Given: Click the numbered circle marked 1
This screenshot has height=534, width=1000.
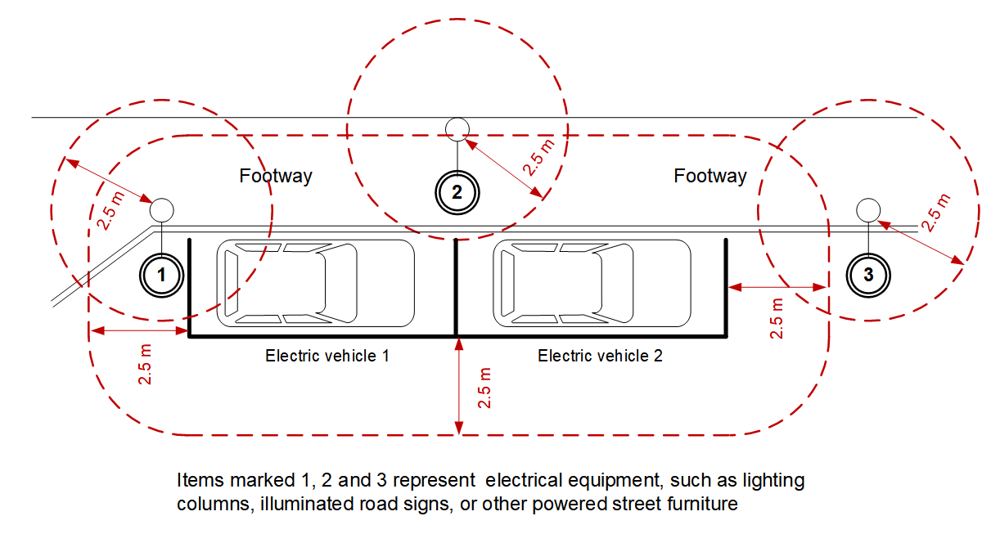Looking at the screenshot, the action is pyautogui.click(x=161, y=276).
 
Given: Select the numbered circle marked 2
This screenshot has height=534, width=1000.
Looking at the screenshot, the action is pyautogui.click(x=457, y=193).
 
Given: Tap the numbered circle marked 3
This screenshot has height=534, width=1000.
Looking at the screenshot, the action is pyautogui.click(x=868, y=276).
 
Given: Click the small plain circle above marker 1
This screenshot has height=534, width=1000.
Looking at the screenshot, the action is pyautogui.click(x=161, y=210).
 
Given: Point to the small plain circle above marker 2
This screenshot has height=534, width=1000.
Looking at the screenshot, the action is pyautogui.click(x=457, y=129).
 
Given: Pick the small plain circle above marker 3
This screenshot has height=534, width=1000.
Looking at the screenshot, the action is pyautogui.click(x=868, y=210).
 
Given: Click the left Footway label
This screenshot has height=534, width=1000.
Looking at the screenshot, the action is pyautogui.click(x=276, y=176).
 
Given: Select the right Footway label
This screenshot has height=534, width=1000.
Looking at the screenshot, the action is pyautogui.click(x=709, y=176).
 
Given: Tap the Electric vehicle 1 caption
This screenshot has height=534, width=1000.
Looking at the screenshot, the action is pyautogui.click(x=327, y=356).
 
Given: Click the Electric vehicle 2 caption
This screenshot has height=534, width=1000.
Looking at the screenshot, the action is pyautogui.click(x=600, y=356).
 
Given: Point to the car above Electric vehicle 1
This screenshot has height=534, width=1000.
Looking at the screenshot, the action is pyautogui.click(x=316, y=283).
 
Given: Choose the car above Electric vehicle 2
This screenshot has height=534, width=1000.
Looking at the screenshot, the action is pyautogui.click(x=592, y=283).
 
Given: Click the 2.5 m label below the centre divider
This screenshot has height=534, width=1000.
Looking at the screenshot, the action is pyautogui.click(x=484, y=388).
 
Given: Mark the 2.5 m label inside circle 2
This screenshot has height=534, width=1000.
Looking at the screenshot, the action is pyautogui.click(x=538, y=157).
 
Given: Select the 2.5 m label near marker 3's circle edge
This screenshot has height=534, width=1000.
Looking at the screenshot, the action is pyautogui.click(x=936, y=213).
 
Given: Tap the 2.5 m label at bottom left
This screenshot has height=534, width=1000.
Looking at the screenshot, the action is pyautogui.click(x=145, y=365).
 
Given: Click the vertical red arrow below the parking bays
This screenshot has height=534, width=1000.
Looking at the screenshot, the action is pyautogui.click(x=458, y=386).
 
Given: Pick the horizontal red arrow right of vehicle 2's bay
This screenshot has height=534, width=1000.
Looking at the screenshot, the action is pyautogui.click(x=777, y=287).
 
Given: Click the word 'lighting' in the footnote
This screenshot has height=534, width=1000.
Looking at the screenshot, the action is pyautogui.click(x=773, y=481).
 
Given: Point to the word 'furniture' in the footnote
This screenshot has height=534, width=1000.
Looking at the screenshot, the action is pyautogui.click(x=702, y=504).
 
